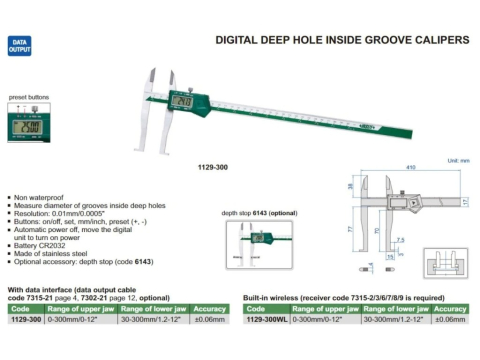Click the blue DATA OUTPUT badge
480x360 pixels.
[21, 47]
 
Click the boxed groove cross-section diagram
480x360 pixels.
[441, 268]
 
